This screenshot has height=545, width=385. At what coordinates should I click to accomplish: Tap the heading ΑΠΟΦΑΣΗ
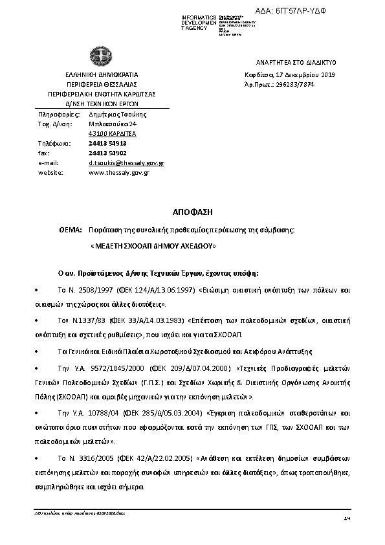pos(192,212)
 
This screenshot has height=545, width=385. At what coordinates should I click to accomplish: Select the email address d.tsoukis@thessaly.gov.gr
pos(126,163)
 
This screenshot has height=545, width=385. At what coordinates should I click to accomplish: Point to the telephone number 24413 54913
pos(107,143)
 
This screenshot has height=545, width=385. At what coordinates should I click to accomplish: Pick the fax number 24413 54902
pos(107,153)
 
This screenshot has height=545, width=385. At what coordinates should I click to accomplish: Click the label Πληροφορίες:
pos(55,113)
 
